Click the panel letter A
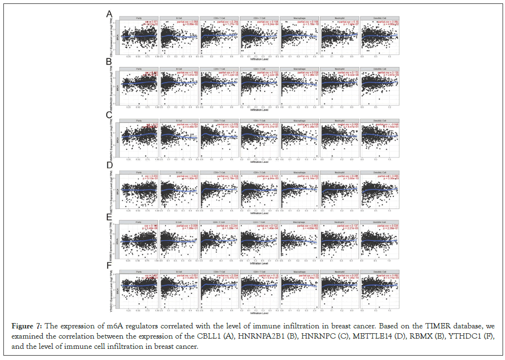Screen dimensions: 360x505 (x=110, y=15)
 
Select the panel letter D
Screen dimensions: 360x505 (x=110, y=165)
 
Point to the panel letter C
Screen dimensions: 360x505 (x=110, y=115)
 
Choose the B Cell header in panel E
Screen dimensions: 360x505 (x=179, y=220)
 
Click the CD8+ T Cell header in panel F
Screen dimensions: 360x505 (x=219, y=270)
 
